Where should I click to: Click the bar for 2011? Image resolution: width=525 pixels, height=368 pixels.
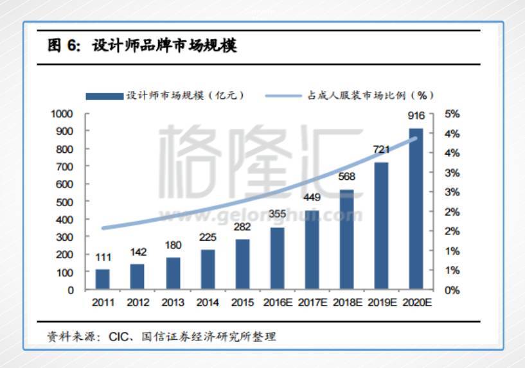pos(103,279)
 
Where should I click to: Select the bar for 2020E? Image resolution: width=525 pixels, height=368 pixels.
pos(416,209)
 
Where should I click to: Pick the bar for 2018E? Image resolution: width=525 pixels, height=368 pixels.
pos(347,240)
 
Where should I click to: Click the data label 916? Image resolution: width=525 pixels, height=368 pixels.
pos(416,116)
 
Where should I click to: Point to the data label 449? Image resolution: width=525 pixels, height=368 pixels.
pos(312,197)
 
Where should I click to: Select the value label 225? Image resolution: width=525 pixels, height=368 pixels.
pos(208,237)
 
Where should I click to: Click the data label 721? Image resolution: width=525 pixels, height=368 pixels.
pos(382,150)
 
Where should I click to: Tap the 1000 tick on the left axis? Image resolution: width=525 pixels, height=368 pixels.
pos(62,114)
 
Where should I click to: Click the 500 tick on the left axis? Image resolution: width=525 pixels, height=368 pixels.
pos(64,202)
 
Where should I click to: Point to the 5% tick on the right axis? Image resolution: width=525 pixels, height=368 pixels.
pos(452,114)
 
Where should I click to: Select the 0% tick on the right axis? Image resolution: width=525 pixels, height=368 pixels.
pos(452,290)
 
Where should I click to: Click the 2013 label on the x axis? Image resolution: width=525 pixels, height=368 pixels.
pos(173,302)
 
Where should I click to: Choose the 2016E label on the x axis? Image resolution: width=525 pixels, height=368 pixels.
pos(278,302)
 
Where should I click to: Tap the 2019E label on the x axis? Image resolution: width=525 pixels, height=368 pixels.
pos(382,302)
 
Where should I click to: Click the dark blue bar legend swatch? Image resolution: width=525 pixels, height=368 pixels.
pos(105,96)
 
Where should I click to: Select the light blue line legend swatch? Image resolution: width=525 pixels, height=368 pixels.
pos(282,96)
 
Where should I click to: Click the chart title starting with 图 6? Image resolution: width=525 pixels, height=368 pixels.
pos(142,47)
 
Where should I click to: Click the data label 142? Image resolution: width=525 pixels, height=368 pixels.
pos(138,252)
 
